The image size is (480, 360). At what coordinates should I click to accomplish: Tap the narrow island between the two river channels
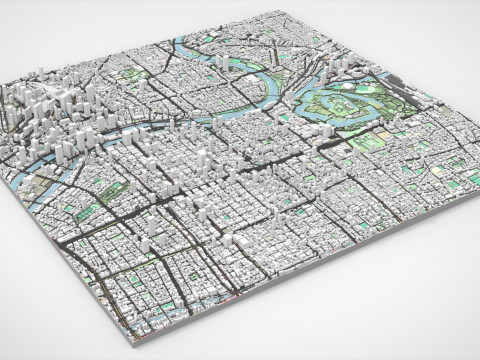pos(150,130)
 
